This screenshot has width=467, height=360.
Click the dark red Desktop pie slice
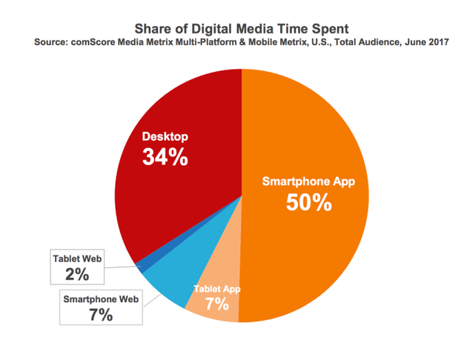185,200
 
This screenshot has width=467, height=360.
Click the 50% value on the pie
309,202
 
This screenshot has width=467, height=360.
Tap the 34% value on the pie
165,157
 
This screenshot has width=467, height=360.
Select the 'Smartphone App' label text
309,180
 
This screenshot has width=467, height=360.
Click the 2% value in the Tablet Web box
77,275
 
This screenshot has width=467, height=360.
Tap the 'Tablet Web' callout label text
77,259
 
